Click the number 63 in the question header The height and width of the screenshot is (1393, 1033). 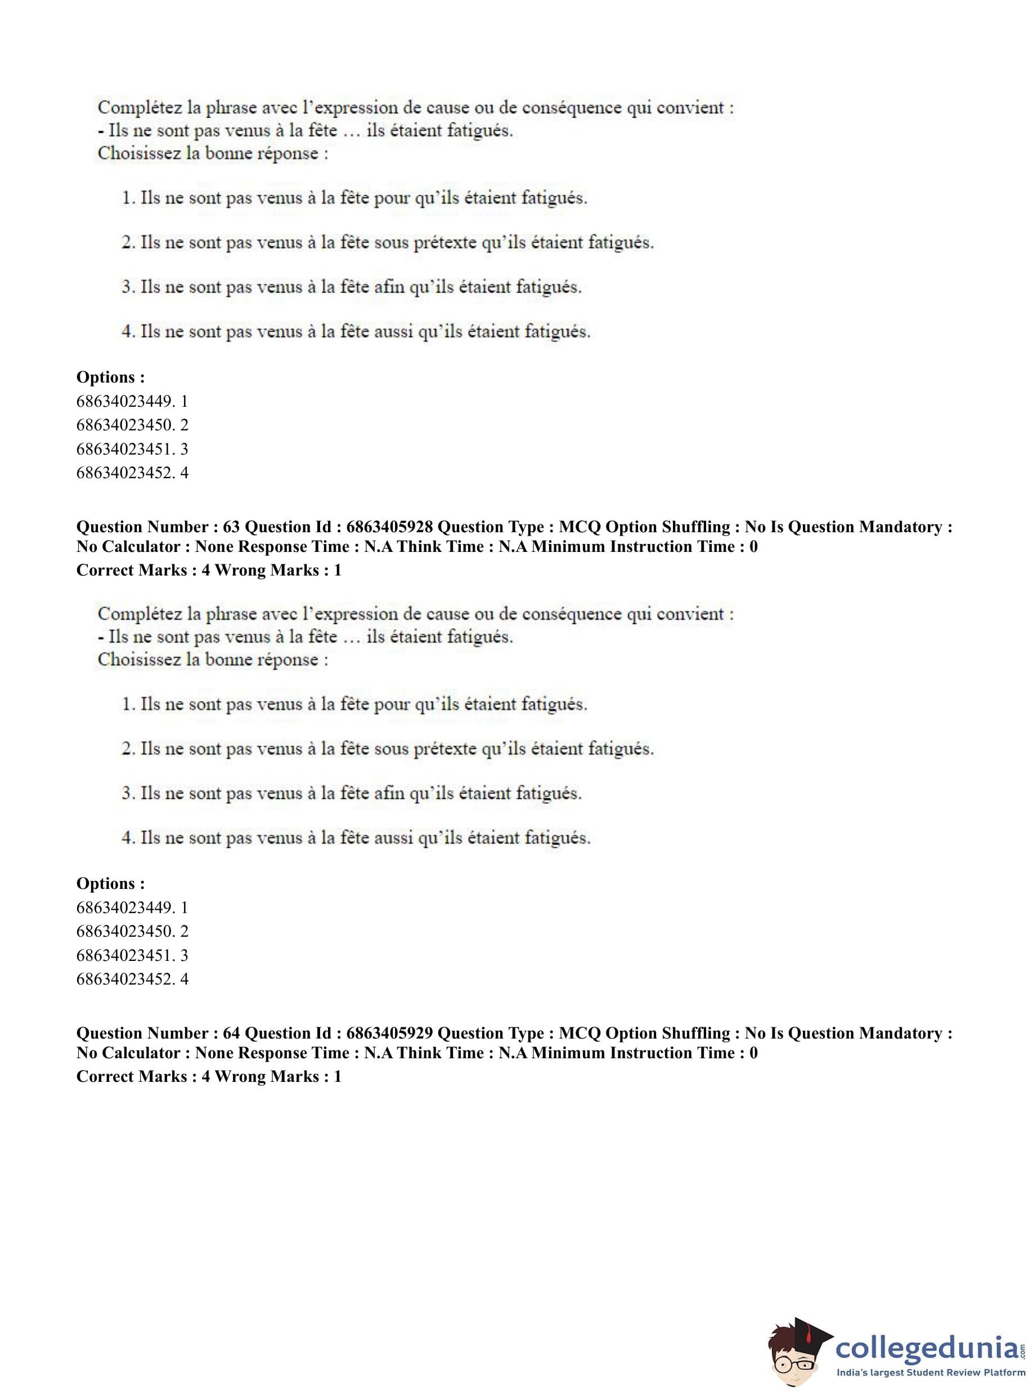(x=231, y=527)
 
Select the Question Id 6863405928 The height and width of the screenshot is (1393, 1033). (x=389, y=527)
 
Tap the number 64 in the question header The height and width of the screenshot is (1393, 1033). (x=231, y=1033)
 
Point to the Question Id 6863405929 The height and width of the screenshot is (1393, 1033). (x=389, y=1033)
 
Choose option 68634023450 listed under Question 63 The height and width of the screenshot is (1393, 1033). (x=132, y=931)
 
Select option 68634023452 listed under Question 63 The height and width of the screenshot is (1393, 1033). (x=132, y=978)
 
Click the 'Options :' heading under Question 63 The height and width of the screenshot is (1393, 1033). (x=111, y=883)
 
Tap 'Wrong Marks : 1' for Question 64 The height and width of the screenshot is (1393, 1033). (x=279, y=1077)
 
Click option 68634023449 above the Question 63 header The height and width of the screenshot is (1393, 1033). (x=132, y=401)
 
